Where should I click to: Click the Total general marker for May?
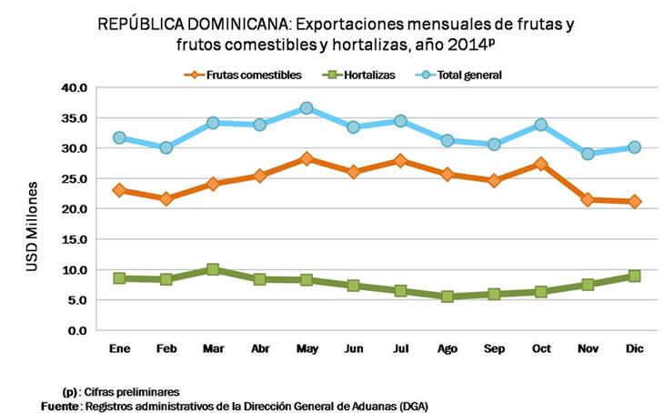coord(307,108)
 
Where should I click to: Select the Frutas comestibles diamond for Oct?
coord(542,164)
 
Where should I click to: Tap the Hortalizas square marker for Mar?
coord(213,269)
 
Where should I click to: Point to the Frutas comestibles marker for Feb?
coord(166,198)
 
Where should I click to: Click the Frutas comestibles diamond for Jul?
coord(401,160)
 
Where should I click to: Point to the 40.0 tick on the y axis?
coord(75,87)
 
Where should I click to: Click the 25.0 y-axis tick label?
coord(75,178)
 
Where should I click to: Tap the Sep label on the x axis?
coord(495,348)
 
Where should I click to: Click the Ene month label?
coord(118,348)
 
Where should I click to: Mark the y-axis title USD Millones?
coord(33,224)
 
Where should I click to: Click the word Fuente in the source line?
coord(59,406)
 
